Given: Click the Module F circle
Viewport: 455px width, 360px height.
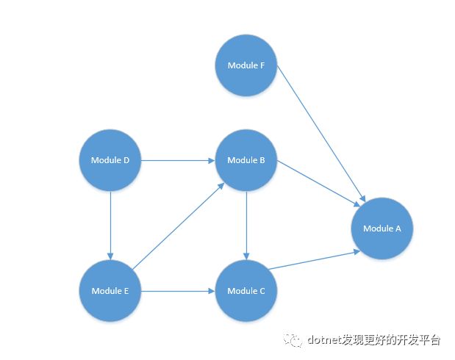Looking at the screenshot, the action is tap(246, 65).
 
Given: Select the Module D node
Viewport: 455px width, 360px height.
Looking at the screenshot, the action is tap(110, 160).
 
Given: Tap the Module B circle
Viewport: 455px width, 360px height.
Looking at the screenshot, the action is tap(246, 160).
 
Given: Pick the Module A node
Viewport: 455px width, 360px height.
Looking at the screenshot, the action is tap(382, 228).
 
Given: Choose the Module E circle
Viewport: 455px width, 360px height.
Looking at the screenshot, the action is tap(110, 291).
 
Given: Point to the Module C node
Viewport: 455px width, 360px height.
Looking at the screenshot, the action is tap(246, 291).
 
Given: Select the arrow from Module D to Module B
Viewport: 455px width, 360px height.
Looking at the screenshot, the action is tap(178, 160).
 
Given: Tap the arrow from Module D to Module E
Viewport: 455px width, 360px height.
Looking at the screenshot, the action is tap(110, 226).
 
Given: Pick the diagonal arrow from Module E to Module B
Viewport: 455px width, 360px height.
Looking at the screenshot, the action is tap(178, 226).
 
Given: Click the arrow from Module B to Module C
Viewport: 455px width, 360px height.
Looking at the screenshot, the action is tap(246, 226).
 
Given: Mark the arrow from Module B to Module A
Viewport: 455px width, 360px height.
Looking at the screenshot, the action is tap(318, 184).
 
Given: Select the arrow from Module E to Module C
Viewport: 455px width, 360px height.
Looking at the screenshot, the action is tap(178, 291).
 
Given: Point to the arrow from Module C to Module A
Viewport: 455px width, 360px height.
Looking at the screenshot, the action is tap(314, 260).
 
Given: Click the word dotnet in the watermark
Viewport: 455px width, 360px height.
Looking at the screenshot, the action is tap(325, 339).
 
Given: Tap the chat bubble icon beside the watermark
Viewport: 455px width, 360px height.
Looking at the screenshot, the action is tap(293, 339).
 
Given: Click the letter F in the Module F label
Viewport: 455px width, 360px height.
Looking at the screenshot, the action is tap(262, 65).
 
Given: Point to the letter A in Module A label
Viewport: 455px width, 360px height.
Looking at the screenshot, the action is tap(398, 228).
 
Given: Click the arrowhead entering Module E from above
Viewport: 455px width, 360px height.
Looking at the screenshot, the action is tap(110, 256).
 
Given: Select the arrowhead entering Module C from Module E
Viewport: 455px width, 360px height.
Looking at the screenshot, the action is tap(212, 291).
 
